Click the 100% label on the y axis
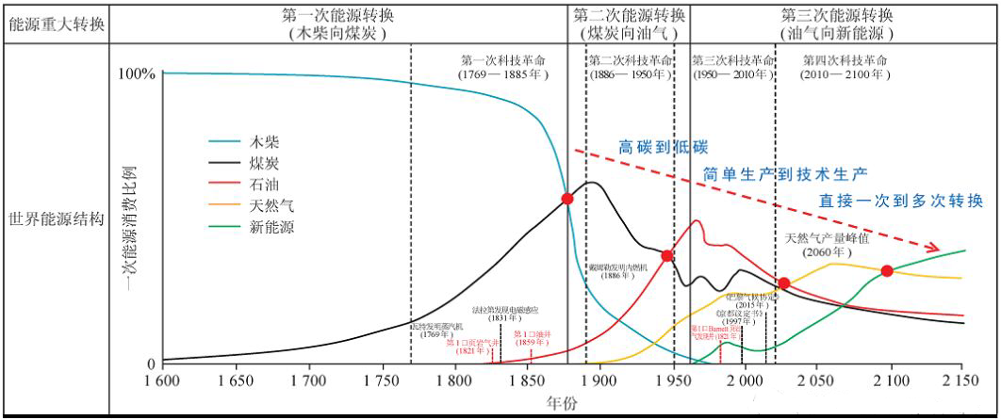(137, 73)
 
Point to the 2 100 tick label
(888, 381)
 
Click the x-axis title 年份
(560, 403)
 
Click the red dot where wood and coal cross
(567, 198)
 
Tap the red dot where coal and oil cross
(666, 256)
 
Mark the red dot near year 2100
(887, 271)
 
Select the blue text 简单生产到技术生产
(785, 173)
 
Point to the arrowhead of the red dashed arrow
(935, 249)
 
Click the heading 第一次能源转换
(339, 16)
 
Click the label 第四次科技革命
(845, 59)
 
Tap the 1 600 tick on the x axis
(162, 381)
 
